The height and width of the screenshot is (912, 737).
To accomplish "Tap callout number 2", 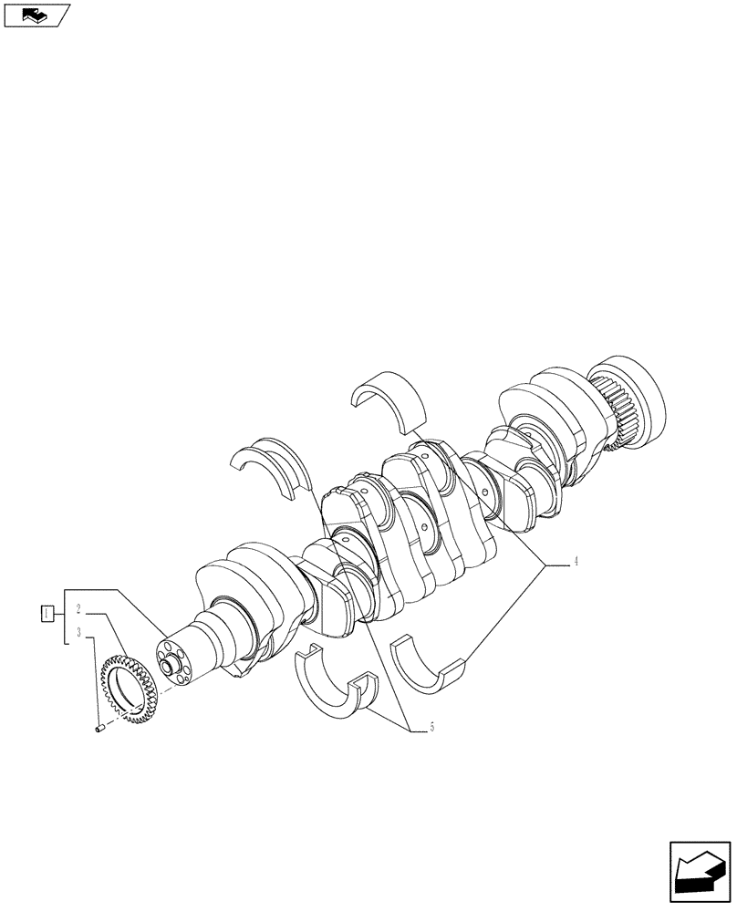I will (x=79, y=609).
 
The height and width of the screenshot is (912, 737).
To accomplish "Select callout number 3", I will (x=79, y=632).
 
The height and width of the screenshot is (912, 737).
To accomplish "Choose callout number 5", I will (x=431, y=727).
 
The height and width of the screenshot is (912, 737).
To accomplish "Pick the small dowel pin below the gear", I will (x=101, y=727).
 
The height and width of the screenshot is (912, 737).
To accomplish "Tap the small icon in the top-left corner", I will (x=36, y=15).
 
